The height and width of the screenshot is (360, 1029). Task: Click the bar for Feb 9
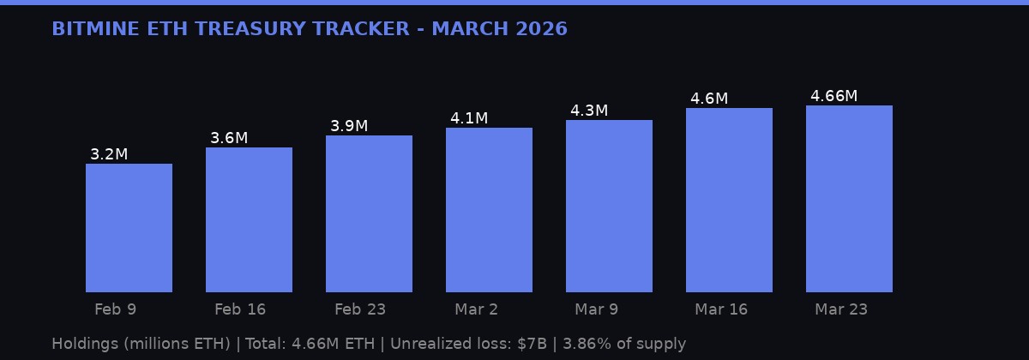pos(129,228)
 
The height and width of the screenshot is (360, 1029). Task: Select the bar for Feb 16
pos(249,220)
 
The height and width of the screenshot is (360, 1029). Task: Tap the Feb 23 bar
pos(369,214)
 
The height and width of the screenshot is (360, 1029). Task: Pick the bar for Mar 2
pos(489,210)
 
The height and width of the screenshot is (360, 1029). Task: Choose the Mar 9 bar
pos(609,207)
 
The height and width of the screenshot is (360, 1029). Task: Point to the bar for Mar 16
pos(729,201)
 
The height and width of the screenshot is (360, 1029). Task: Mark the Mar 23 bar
pos(849,199)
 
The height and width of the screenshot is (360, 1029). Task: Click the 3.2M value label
pos(109,154)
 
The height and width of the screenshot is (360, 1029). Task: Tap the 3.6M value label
pos(229,138)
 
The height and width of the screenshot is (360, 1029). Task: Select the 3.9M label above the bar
pos(349,126)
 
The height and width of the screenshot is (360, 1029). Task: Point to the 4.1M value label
pos(469,118)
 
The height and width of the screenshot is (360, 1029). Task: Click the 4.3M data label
pos(589,111)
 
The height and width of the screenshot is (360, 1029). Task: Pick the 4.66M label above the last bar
pos(833,96)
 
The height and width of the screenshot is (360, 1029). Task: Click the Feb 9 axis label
pos(115,309)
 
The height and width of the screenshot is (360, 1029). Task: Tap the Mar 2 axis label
pos(476,309)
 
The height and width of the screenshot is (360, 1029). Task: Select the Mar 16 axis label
pos(721,309)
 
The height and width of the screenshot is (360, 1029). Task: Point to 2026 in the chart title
pos(541,29)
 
